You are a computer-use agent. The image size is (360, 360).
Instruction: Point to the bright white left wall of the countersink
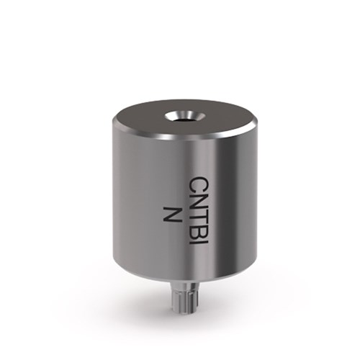(x=170, y=117)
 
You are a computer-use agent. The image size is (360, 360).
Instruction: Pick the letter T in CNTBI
(x=198, y=222)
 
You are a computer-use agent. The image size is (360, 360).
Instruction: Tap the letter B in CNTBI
(x=198, y=237)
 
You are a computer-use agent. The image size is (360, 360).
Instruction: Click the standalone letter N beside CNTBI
(x=171, y=215)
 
